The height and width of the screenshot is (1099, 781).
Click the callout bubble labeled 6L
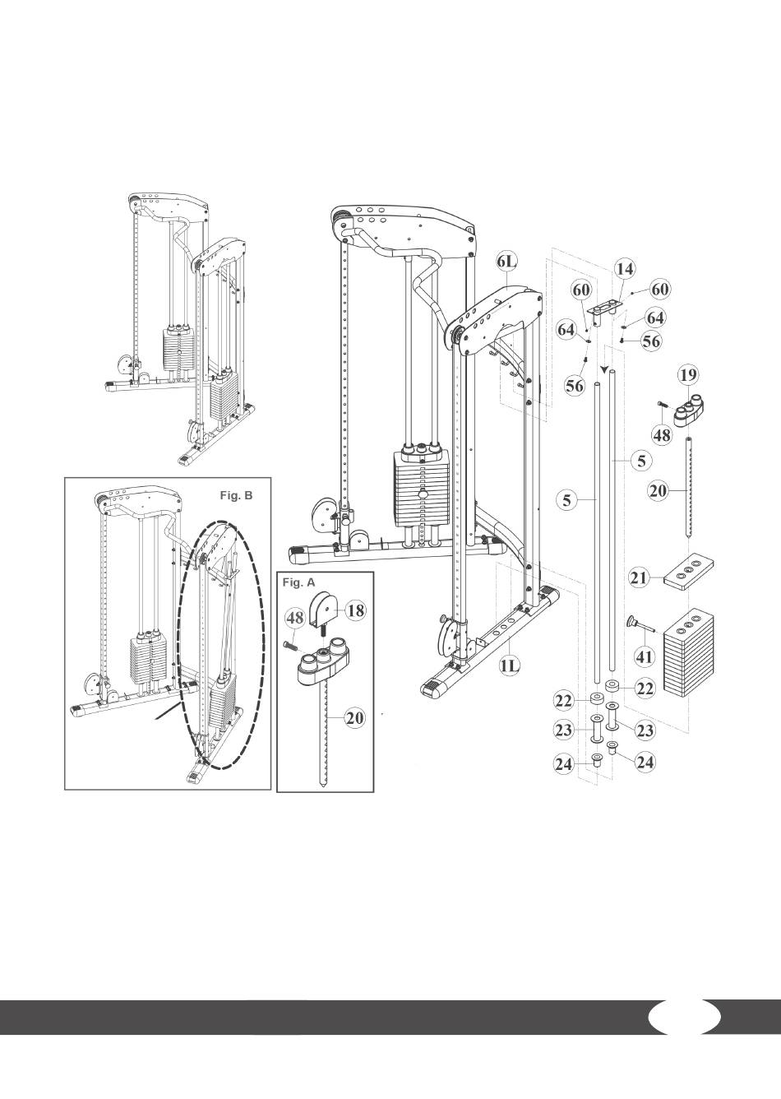[x=506, y=262]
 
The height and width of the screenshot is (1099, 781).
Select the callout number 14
[x=625, y=269]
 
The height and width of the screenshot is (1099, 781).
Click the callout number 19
[x=688, y=375]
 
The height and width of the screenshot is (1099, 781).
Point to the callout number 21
[x=639, y=578]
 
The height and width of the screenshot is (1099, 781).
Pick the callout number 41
[x=645, y=656]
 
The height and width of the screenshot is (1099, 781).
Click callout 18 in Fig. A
[x=357, y=611]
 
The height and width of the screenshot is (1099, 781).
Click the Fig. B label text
[x=236, y=495]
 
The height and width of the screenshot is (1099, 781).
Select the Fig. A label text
[x=299, y=582]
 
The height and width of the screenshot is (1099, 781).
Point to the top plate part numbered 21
[x=688, y=571]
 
